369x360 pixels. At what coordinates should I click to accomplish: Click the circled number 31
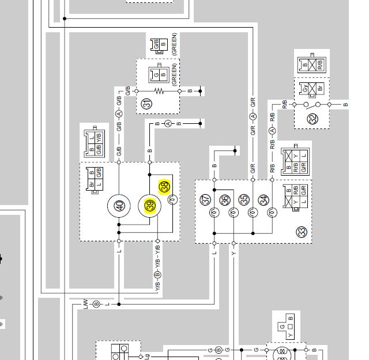[x=147, y=104]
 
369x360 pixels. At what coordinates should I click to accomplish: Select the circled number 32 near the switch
[x=312, y=119]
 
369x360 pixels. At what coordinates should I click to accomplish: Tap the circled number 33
[x=301, y=232]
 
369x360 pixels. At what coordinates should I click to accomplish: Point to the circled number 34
[x=263, y=200]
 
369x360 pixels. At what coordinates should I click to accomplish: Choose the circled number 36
[x=225, y=200]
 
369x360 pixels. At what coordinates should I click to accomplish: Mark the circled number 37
[x=206, y=200]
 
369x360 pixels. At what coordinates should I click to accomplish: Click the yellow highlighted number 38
[x=165, y=187]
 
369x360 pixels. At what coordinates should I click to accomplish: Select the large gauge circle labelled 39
[x=150, y=206]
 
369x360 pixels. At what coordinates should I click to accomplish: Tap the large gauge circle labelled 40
[x=119, y=206]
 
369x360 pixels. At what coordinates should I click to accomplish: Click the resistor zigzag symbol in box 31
[x=159, y=91]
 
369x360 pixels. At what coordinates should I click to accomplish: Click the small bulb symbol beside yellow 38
[x=172, y=199]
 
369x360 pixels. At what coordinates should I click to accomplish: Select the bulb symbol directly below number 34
[x=272, y=213]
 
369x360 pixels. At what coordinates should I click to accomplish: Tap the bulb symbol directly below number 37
[x=214, y=213]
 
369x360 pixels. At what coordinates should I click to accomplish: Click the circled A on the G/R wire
[x=253, y=117]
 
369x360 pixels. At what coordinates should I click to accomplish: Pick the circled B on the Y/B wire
[x=157, y=275]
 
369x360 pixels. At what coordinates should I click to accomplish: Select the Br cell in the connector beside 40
[x=92, y=184]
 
